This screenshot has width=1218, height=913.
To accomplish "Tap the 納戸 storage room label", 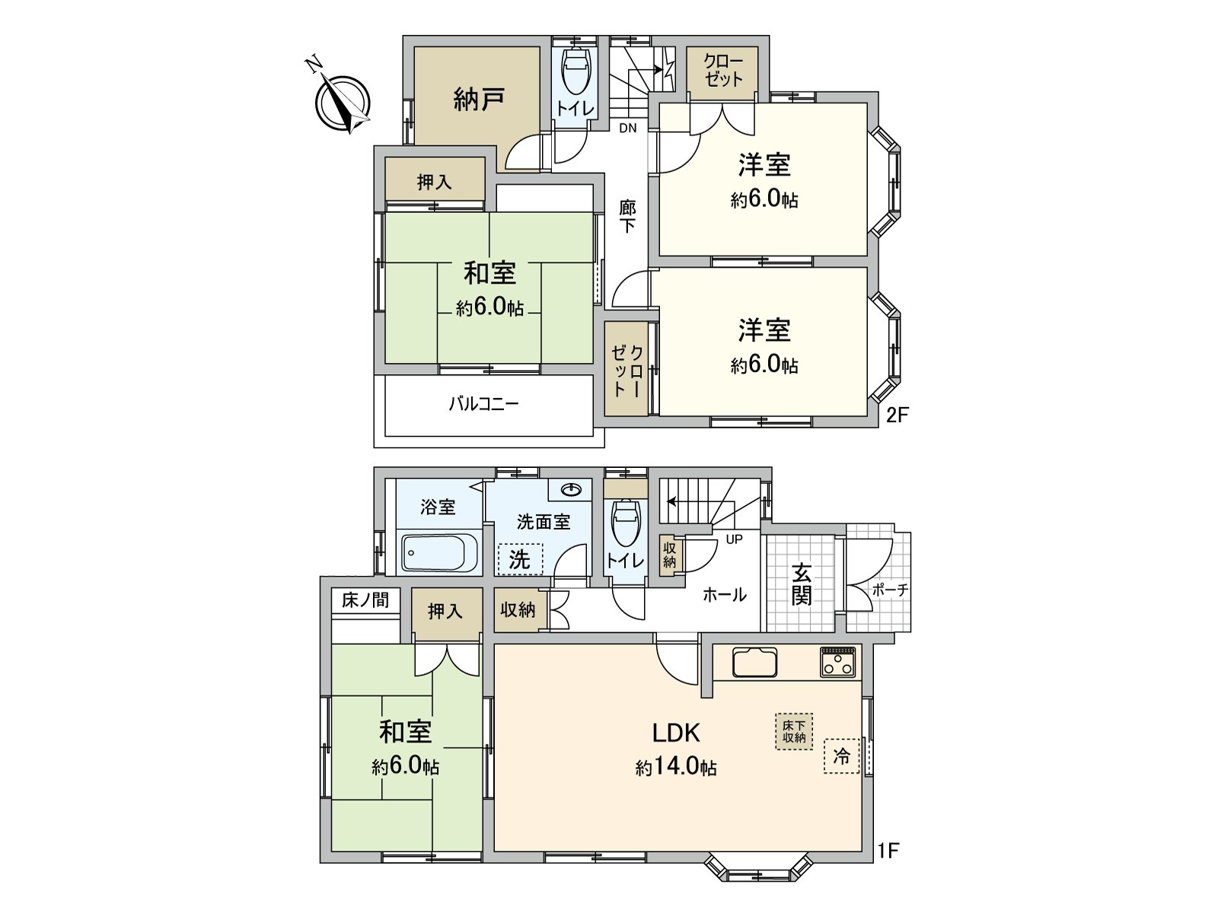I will (x=479, y=99).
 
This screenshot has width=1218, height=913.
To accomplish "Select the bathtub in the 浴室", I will (x=439, y=552).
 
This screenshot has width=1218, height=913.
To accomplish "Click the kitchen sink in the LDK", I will (x=754, y=663).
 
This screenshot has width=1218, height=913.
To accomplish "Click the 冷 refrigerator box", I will (x=841, y=756).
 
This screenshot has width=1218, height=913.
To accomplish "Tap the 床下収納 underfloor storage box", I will (x=794, y=731).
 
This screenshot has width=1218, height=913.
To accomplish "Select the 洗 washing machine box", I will (x=519, y=560).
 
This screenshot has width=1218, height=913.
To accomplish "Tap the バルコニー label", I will (x=483, y=403).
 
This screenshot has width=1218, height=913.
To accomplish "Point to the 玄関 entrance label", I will (x=801, y=584).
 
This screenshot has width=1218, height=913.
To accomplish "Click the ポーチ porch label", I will (x=890, y=590).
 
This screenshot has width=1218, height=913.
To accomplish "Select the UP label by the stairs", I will (x=734, y=539).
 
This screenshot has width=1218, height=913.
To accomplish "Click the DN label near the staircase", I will (x=627, y=128).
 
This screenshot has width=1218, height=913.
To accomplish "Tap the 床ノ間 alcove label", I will (x=365, y=600).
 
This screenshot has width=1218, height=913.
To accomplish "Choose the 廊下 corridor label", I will (x=627, y=215).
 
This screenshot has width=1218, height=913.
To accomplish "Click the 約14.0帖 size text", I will (x=676, y=767).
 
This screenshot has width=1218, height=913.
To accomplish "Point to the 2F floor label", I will (x=898, y=415).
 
